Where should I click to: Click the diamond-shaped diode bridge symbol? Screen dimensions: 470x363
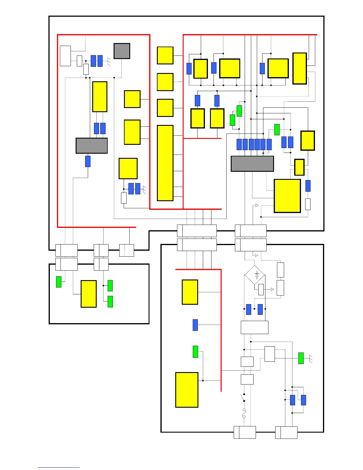click(x=254, y=275)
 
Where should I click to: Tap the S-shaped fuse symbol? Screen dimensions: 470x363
click(x=244, y=413)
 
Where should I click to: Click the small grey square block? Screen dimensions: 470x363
click(x=122, y=51)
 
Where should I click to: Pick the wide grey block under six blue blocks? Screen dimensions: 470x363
click(x=252, y=164)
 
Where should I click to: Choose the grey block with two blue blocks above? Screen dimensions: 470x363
click(x=91, y=146)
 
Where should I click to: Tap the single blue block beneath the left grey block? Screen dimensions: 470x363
click(x=88, y=161)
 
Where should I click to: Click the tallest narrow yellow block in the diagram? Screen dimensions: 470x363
click(x=165, y=163)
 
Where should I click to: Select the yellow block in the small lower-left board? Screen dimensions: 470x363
click(x=88, y=294)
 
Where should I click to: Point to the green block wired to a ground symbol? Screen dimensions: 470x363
click(x=301, y=358)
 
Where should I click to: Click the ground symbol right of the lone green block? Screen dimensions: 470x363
click(x=311, y=359)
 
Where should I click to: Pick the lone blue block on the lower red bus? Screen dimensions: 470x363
click(x=195, y=325)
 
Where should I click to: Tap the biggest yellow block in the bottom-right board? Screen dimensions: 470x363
click(x=187, y=390)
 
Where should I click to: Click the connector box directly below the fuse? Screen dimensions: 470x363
click(x=245, y=432)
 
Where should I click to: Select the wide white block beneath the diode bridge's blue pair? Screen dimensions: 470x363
click(x=254, y=327)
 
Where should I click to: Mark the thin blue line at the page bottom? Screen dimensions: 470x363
click(x=58, y=467)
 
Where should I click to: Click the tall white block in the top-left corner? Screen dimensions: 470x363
click(x=65, y=56)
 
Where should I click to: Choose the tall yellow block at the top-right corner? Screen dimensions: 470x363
click(x=299, y=69)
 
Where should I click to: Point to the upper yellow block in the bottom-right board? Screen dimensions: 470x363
click(x=190, y=292)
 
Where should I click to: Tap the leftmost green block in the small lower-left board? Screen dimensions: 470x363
click(x=59, y=282)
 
